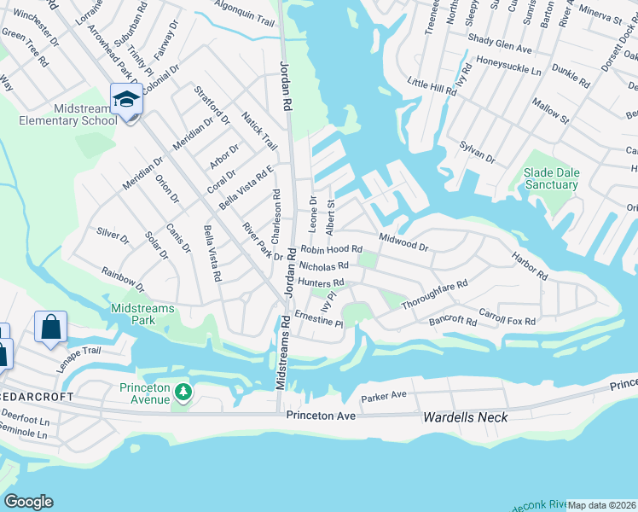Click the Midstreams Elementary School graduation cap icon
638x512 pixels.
(126, 101)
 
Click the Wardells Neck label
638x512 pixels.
(465, 417)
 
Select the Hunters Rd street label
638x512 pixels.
(321, 282)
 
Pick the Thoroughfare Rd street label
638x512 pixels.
(435, 295)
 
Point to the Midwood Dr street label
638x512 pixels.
(403, 241)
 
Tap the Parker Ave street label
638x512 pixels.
(384, 398)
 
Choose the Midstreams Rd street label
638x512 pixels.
(282, 353)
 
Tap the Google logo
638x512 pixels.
(28, 502)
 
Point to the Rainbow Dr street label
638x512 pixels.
(123, 279)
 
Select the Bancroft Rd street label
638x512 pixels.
(453, 322)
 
